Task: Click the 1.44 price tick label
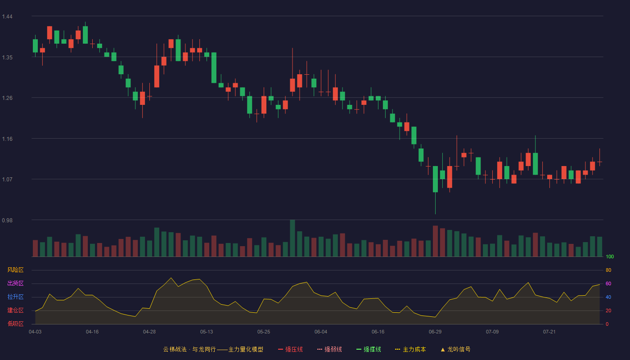[x=7, y=17]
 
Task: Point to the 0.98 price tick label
[x=7, y=220]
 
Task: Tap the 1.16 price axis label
[x=7, y=139]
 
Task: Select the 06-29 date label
[x=435, y=332]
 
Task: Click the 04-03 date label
[x=35, y=332]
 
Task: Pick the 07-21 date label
[x=549, y=332]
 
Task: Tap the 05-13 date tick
[x=207, y=332]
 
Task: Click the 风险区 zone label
[x=15, y=270]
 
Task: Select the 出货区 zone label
[x=15, y=283]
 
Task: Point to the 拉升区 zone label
[x=15, y=297]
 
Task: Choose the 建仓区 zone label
[x=15, y=310]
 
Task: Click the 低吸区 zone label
[x=15, y=324]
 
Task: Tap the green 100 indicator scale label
[x=610, y=256]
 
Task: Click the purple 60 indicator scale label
[x=608, y=283]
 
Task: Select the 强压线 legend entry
[x=290, y=349]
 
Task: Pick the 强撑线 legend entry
[x=369, y=349]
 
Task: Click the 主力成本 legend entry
[x=410, y=349]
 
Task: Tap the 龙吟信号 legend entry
[x=455, y=349]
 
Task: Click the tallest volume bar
[x=292, y=238]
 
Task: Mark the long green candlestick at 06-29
[x=436, y=179]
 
